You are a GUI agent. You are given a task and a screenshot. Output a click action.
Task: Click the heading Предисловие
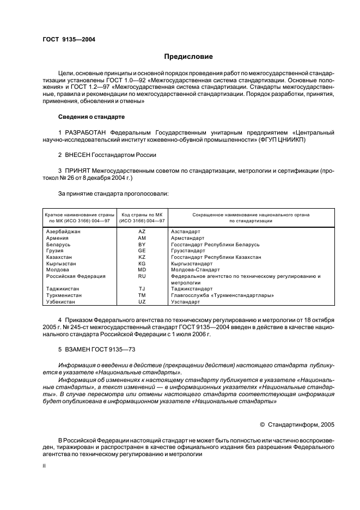pos(188,57)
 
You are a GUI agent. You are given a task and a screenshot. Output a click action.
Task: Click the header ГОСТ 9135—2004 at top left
pos(69,39)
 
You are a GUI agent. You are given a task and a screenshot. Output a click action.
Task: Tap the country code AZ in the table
pos(142,232)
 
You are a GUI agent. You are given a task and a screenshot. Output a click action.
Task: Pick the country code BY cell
pos(142,245)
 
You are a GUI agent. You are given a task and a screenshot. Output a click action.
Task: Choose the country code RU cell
pos(142,276)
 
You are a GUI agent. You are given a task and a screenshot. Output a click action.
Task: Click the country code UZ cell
pos(142,301)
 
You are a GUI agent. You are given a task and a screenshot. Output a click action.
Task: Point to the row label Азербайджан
pos(64,232)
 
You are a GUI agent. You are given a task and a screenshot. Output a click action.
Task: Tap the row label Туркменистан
pos(64,295)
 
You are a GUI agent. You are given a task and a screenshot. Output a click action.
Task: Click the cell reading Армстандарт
pos(188,238)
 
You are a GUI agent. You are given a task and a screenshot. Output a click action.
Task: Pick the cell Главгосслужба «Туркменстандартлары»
pos(222,295)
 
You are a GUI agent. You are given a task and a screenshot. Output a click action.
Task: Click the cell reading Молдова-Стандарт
pos(196,270)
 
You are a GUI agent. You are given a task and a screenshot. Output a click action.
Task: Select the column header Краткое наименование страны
pos(80,215)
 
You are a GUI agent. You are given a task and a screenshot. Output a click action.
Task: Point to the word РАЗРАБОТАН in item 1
pos(86,132)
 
